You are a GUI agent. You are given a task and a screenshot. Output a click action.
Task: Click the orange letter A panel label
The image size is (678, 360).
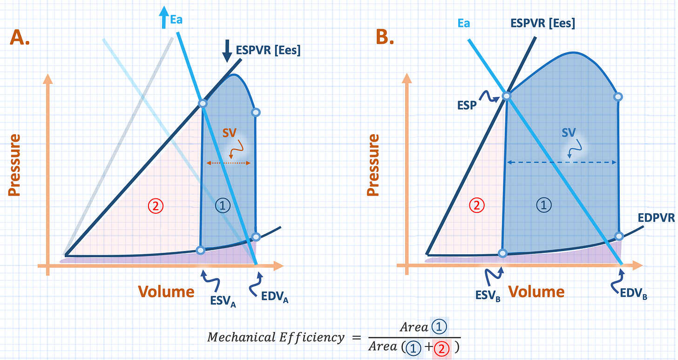pos(20,37)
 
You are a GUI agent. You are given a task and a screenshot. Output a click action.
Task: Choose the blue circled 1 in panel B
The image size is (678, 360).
pos(544,204)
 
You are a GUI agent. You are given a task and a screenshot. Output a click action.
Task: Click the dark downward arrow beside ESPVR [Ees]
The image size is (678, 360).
pos(227,50)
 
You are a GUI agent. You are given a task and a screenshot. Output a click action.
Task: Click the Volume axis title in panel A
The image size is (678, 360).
pos(166,292)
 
